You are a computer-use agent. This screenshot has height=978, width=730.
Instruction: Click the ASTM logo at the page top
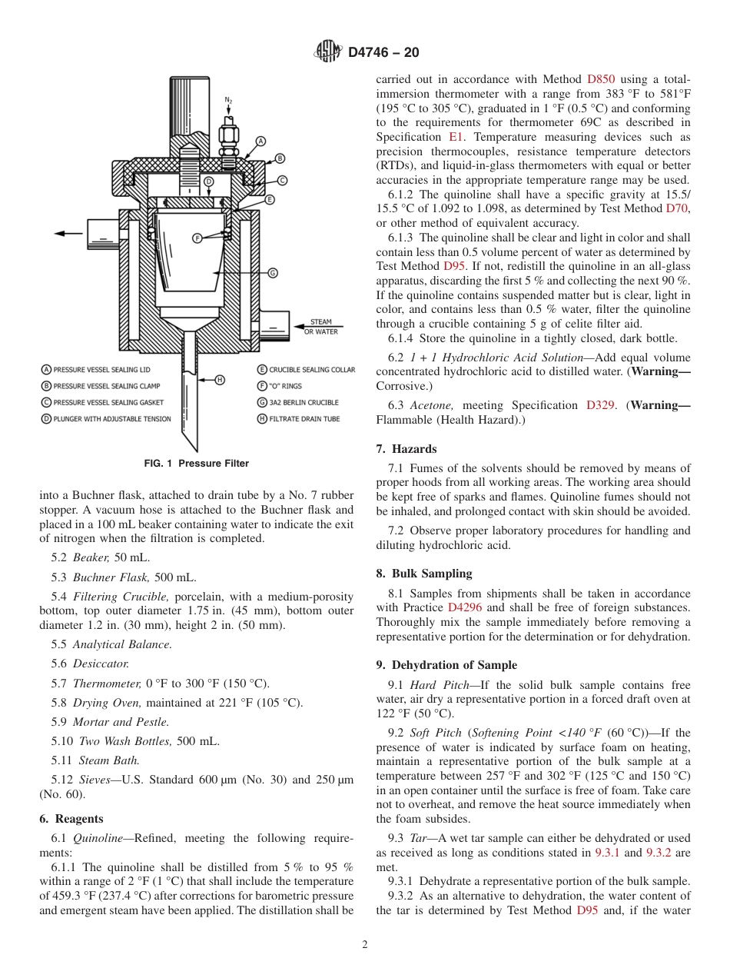[328, 52]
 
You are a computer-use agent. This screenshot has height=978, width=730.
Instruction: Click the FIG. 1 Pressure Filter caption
[197, 464]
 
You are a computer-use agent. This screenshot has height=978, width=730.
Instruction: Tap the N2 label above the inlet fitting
[228, 100]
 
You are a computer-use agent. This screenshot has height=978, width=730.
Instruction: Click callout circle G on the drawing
[272, 273]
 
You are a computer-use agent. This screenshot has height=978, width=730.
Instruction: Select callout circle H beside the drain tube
[219, 379]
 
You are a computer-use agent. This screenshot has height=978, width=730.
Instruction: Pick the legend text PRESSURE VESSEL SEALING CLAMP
[101, 386]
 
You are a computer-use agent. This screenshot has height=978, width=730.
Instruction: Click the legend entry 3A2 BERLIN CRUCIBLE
[304, 402]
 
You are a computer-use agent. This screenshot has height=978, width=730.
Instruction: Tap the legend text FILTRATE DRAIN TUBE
[304, 419]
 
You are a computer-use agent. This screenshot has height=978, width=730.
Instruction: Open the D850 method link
[600, 78]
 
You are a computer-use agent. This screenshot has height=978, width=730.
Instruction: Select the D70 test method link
[677, 208]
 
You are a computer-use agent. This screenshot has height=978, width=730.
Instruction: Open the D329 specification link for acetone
[599, 405]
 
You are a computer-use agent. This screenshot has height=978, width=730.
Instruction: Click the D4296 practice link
[464, 607]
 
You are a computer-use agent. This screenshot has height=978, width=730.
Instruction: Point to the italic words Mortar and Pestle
[121, 722]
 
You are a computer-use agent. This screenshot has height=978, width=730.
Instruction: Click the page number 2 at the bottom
[365, 945]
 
